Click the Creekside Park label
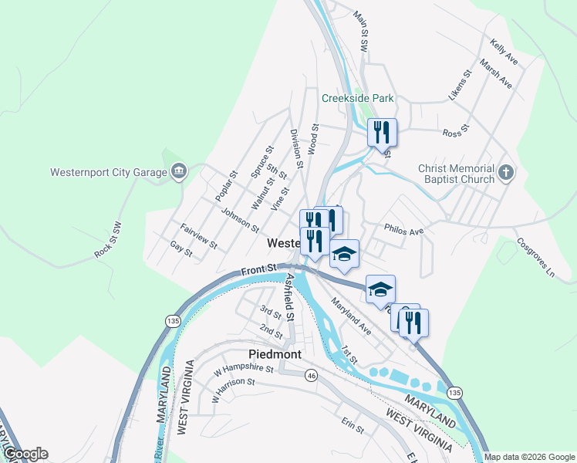click(358, 98)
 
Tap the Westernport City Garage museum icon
click(179, 171)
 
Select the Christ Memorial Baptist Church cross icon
click(505, 171)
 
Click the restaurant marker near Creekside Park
click(382, 133)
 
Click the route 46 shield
click(312, 375)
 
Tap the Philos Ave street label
click(404, 231)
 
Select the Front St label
click(258, 271)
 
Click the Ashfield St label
click(291, 296)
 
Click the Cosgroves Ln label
click(536, 258)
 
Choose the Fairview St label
click(198, 235)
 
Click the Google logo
click(25, 454)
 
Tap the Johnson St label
click(240, 219)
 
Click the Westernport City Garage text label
click(108, 172)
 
